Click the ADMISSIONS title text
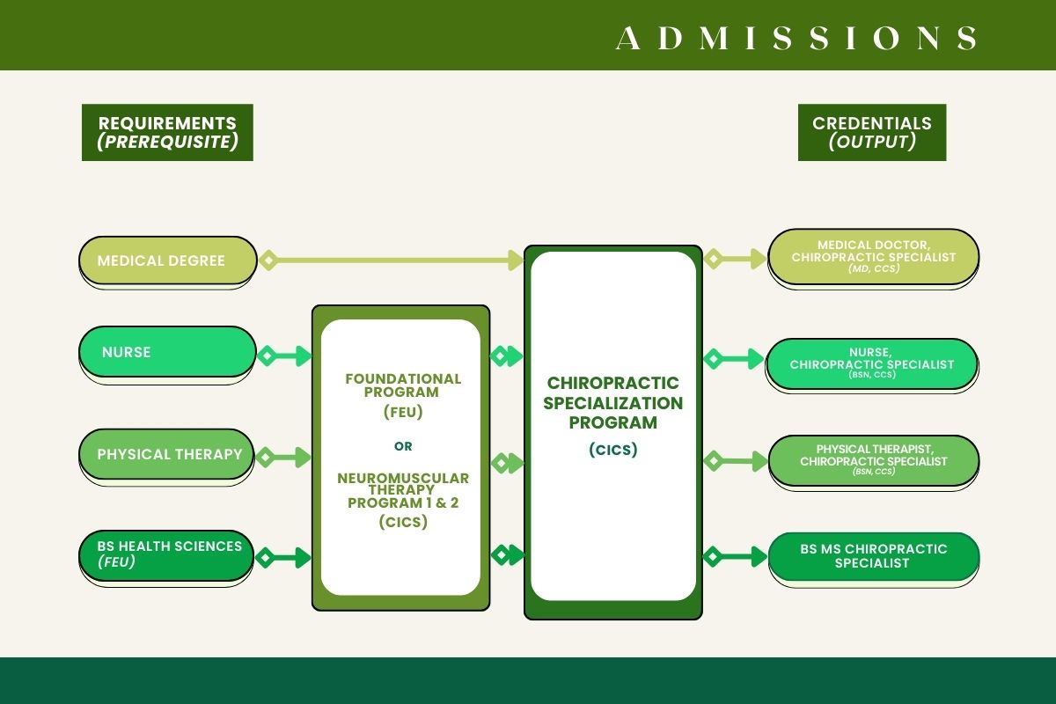pyautogui.click(x=796, y=38)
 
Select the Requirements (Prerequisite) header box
pyautogui.click(x=167, y=133)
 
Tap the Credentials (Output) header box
pyautogui.click(x=871, y=133)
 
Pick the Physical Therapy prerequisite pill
pyautogui.click(x=167, y=455)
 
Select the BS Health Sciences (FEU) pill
pyautogui.click(x=167, y=554)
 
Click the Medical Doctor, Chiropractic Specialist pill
pyautogui.click(x=873, y=256)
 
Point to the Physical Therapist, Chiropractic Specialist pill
pyautogui.click(x=873, y=458)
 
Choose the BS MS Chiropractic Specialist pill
pyautogui.click(x=873, y=556)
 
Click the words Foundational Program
pyautogui.click(x=402, y=385)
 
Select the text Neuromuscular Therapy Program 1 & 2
pyautogui.click(x=402, y=490)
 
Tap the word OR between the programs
pyautogui.click(x=403, y=446)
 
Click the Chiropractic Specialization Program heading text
pyautogui.click(x=612, y=402)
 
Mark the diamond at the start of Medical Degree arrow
pyautogui.click(x=268, y=260)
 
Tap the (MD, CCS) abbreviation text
pyautogui.click(x=873, y=269)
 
